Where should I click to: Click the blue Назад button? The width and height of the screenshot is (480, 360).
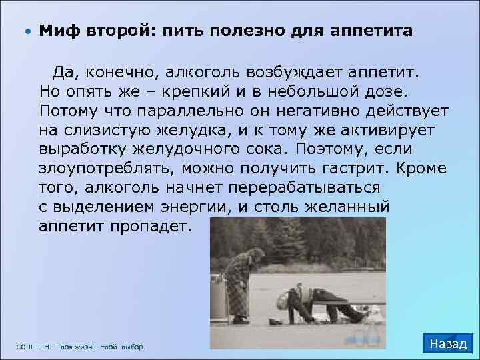[x=448, y=344]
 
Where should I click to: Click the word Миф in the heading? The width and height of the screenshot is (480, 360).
[x=54, y=31]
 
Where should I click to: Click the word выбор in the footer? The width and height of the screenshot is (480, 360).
[x=133, y=347]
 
